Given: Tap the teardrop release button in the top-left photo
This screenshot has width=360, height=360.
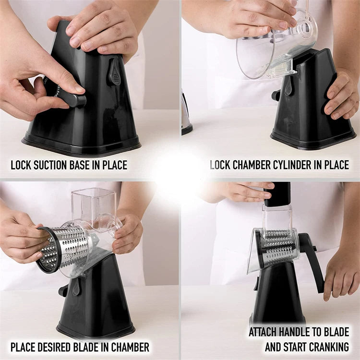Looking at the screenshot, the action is pos(114,72).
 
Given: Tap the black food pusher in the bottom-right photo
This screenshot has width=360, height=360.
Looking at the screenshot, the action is pos(277,194).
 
